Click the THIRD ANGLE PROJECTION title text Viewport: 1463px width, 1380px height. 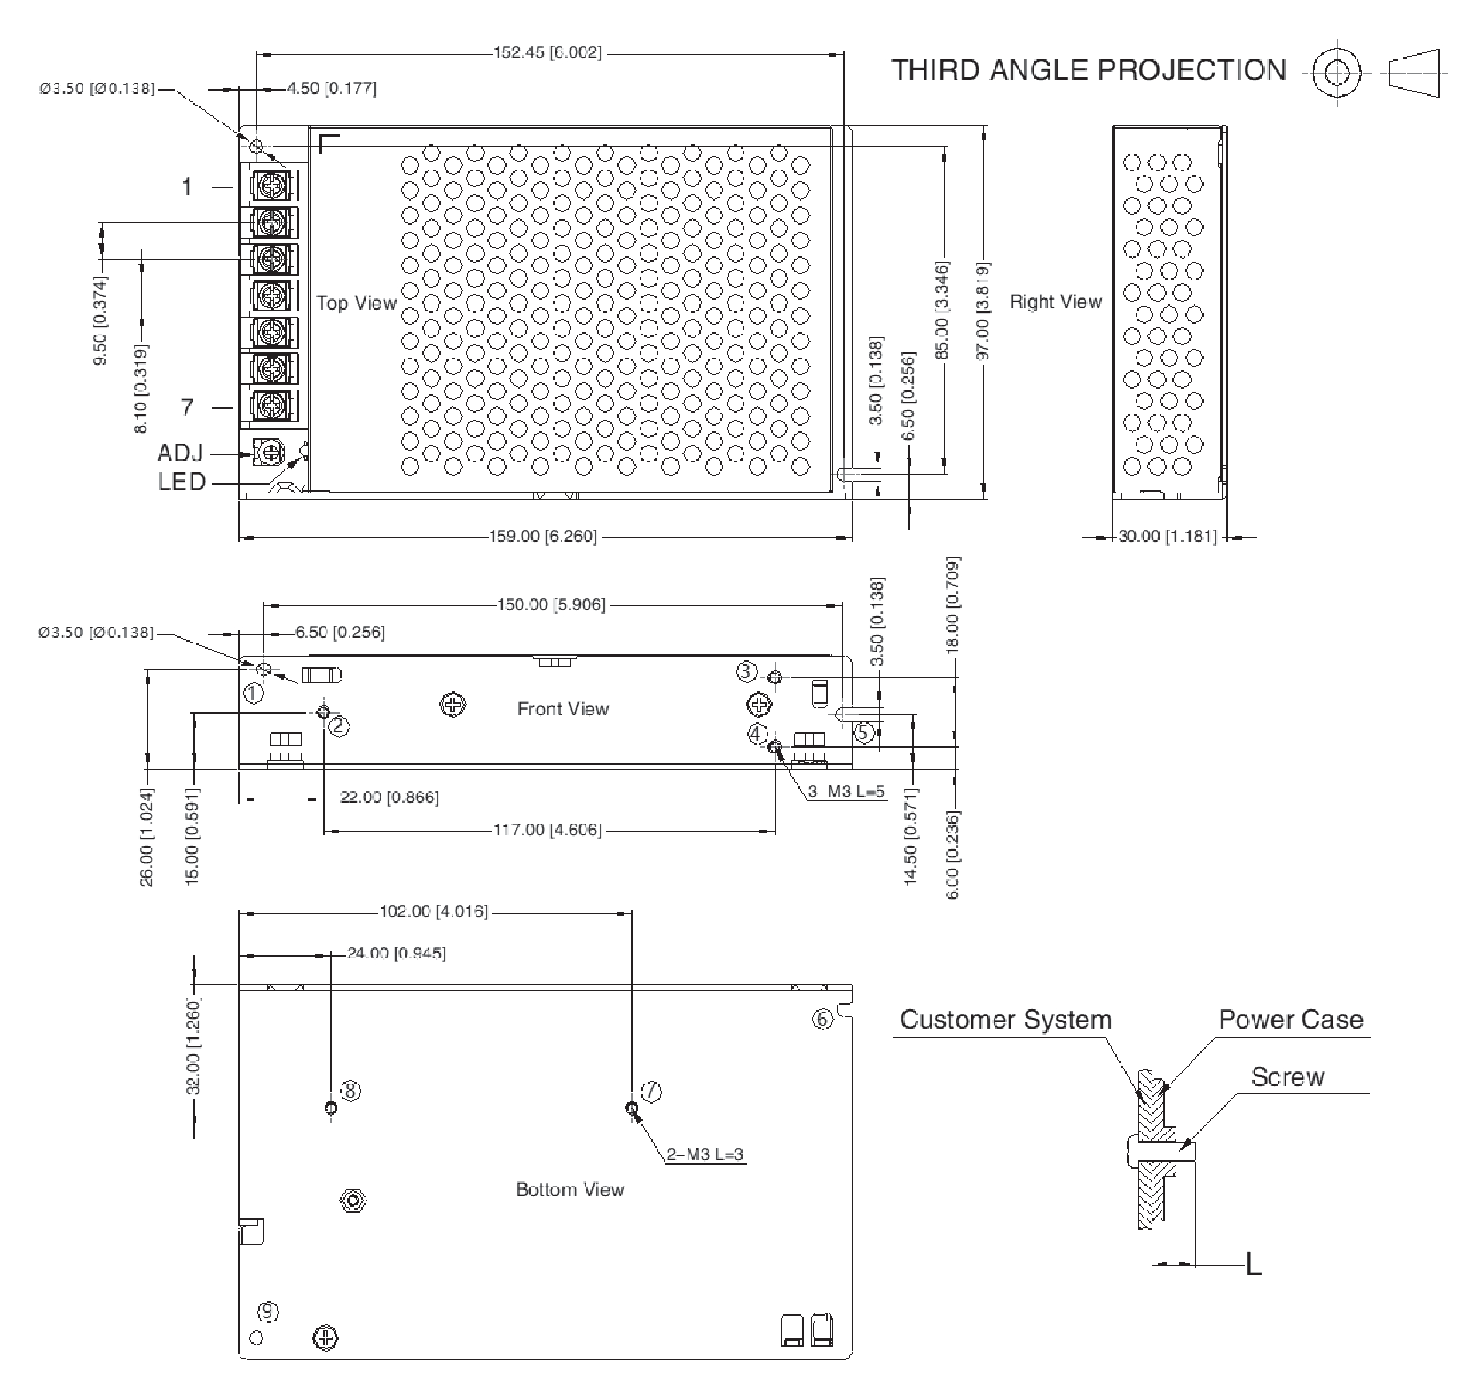1089,70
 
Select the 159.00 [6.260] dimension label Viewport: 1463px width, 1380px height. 543,536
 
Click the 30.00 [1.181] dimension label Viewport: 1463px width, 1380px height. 1168,536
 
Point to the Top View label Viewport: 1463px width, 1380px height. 357,303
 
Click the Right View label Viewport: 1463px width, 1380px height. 1056,302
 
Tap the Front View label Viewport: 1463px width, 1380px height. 563,708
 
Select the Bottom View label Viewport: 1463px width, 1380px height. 570,1189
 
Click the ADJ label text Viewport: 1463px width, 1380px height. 181,453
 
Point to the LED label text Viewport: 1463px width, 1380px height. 182,482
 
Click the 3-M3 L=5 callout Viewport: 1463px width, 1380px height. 846,792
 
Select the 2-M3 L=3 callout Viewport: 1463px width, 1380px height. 705,1155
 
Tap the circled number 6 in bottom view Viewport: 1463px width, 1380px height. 822,1019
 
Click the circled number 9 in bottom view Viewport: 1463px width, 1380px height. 267,1311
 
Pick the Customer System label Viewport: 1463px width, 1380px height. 1006,1019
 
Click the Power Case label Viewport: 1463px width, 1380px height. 1291,1019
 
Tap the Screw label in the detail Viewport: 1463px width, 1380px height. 1287,1076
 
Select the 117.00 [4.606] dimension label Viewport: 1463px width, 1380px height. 547,830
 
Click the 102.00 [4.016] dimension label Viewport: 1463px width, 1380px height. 434,911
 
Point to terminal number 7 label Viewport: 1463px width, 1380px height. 187,407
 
